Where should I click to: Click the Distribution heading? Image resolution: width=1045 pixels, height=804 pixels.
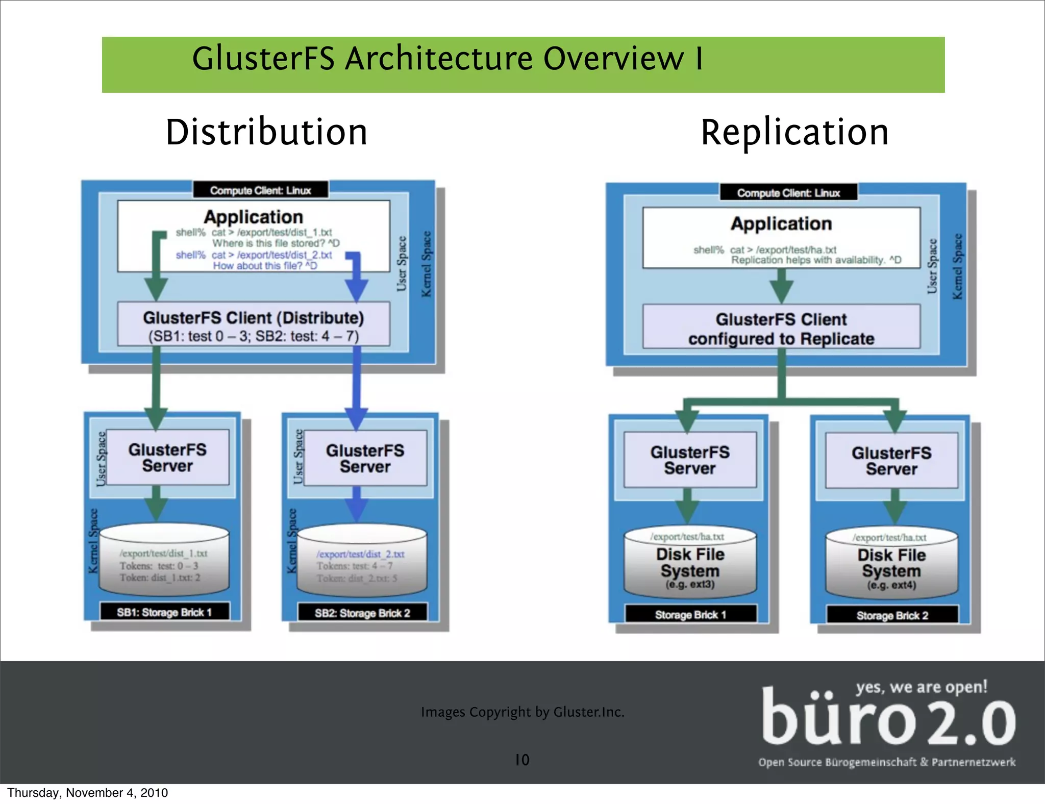(266, 132)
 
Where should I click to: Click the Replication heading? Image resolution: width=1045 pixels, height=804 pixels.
(794, 132)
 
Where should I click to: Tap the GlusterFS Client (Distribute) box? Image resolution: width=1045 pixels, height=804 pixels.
(254, 325)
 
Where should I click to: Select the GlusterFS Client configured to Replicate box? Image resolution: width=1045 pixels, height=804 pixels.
(781, 328)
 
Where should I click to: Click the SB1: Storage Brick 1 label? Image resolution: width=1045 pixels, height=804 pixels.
(164, 612)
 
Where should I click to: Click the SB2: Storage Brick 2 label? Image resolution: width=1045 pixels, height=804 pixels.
(362, 613)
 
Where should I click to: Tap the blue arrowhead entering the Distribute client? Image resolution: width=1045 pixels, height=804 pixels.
(357, 291)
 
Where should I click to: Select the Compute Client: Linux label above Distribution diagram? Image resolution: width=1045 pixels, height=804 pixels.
(260, 190)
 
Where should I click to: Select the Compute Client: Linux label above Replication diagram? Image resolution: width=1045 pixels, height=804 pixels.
(788, 193)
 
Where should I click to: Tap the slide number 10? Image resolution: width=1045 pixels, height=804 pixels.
(522, 760)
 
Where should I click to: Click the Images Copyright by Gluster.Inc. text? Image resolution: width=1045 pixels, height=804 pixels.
(522, 712)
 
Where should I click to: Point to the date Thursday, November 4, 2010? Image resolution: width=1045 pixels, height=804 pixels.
(87, 793)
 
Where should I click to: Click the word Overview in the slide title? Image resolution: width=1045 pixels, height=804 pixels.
(613, 59)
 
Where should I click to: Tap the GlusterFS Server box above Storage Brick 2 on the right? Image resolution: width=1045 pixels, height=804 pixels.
(891, 461)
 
